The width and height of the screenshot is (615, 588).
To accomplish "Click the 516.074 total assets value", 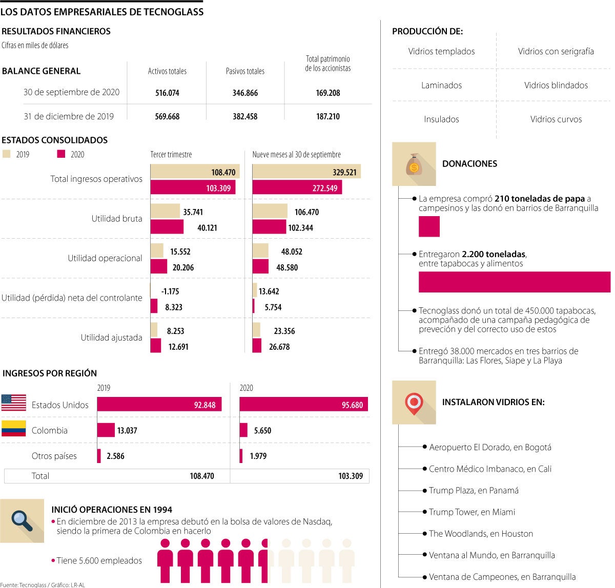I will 167,93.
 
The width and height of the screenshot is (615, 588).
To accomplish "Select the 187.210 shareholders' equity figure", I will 328,116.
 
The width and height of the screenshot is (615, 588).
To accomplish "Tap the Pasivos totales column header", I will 245,71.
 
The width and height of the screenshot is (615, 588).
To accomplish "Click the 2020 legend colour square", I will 61,154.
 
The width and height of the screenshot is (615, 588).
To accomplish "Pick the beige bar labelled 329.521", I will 306,172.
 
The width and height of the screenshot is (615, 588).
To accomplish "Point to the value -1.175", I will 170,291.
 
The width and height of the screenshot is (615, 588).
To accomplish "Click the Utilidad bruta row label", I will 117,219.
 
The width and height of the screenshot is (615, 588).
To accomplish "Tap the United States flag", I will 14,403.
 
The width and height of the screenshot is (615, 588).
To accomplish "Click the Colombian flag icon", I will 14,429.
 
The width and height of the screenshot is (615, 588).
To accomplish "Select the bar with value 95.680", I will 303,405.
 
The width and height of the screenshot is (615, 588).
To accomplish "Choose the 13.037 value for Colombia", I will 127,430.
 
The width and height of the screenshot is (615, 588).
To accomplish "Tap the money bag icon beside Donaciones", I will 414,164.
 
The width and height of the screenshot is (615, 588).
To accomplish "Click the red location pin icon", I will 414,403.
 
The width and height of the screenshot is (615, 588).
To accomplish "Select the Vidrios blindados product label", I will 556,86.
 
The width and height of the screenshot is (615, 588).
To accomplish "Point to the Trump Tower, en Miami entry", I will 472,512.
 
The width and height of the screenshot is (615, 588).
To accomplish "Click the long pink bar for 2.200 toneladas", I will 514,282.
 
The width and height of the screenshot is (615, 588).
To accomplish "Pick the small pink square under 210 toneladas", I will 429,226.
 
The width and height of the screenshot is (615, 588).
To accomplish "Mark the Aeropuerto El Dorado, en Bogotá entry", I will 490,448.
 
